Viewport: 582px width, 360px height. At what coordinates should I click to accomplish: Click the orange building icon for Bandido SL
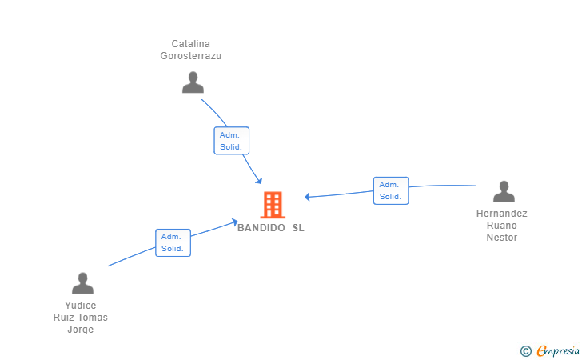(x=273, y=205)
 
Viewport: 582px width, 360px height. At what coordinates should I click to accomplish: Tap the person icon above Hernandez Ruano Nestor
(x=504, y=192)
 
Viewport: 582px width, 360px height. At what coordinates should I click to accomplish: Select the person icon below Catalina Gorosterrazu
(x=193, y=82)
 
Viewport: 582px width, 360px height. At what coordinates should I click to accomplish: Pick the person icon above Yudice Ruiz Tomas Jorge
(x=82, y=283)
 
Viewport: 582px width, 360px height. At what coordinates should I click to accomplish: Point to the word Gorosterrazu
(x=190, y=56)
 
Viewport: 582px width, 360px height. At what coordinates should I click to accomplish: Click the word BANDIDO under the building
(x=261, y=228)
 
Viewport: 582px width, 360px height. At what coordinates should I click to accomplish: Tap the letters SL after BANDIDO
(x=298, y=228)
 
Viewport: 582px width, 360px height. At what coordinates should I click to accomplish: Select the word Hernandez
(x=502, y=214)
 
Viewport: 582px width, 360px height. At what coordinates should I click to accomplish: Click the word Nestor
(x=502, y=238)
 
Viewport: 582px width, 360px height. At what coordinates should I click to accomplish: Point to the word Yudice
(x=81, y=306)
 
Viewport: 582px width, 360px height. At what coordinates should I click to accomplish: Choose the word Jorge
(x=81, y=330)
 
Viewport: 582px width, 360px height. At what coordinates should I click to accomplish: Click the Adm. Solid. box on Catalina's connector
(x=232, y=141)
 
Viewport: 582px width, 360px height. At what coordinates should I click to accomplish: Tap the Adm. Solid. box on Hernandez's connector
(x=391, y=190)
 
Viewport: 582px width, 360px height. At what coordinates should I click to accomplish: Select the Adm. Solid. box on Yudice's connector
(x=173, y=242)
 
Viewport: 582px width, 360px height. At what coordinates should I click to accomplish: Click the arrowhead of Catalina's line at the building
(x=259, y=180)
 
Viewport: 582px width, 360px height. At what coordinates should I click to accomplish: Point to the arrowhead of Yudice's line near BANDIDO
(x=234, y=222)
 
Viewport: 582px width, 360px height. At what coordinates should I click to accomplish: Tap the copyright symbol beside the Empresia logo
(x=525, y=350)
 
